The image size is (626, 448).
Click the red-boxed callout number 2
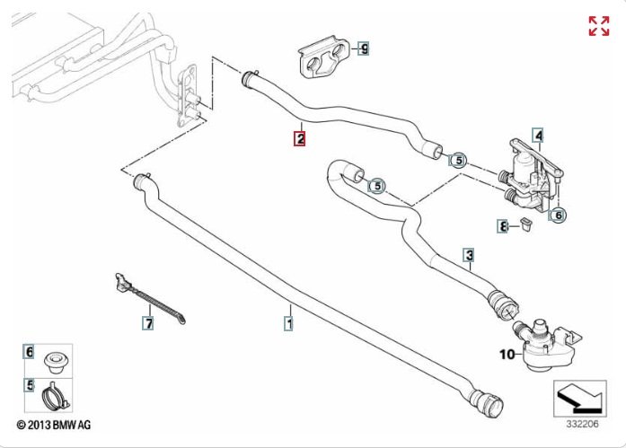click(x=299, y=138)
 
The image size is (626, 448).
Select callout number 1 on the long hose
click(x=289, y=319)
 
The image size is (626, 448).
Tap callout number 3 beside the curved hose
click(x=469, y=255)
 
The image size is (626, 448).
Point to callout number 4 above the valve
click(x=538, y=136)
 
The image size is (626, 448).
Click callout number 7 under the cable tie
click(x=149, y=321)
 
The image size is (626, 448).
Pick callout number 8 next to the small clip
click(x=504, y=226)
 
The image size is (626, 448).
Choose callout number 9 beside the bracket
click(x=364, y=48)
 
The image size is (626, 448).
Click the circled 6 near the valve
click(x=557, y=215)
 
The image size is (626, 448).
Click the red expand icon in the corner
click(x=598, y=26)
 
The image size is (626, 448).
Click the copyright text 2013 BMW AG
click(x=54, y=424)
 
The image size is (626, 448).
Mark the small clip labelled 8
click(x=524, y=224)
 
